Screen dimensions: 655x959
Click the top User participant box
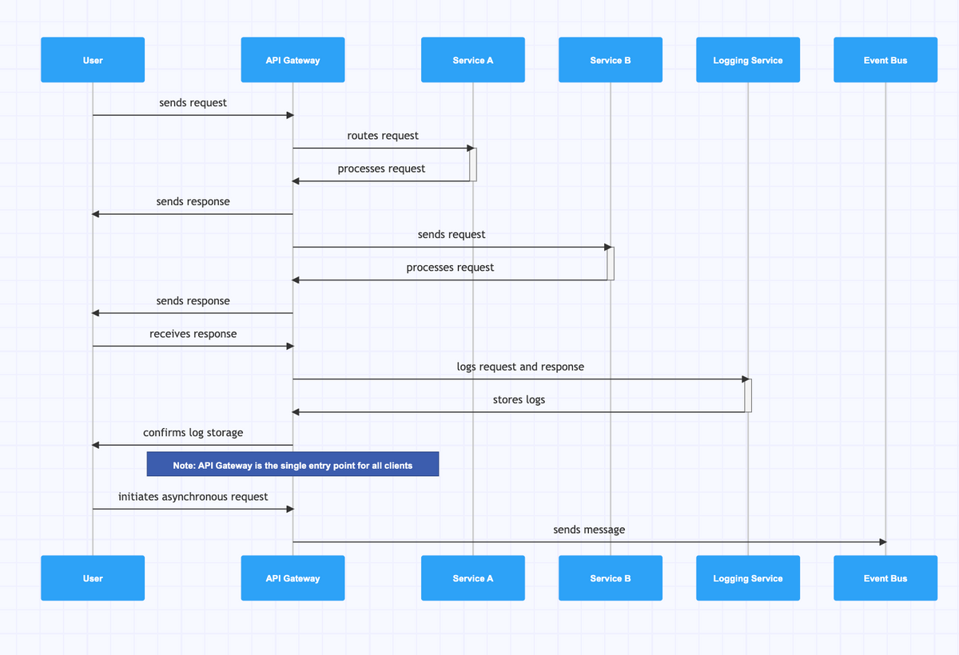click(x=93, y=60)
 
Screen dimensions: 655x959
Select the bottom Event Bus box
click(x=885, y=578)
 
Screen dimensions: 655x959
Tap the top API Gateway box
click(x=292, y=60)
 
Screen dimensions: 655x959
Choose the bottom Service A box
click(x=472, y=578)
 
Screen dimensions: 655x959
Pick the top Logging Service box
click(x=747, y=60)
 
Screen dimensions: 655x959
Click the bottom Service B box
click(x=610, y=578)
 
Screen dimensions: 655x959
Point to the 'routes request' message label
click(x=383, y=136)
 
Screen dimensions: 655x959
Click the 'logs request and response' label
click(x=520, y=367)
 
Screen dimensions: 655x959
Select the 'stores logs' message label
click(x=519, y=399)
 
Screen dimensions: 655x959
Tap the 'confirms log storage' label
click(x=193, y=432)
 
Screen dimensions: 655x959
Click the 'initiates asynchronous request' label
click(x=193, y=496)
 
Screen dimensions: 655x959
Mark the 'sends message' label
click(x=589, y=530)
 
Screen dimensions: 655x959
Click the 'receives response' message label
click(x=193, y=333)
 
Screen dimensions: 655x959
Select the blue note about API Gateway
click(x=292, y=464)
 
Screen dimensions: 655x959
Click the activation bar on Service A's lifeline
click(x=473, y=164)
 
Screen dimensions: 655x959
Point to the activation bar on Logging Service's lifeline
click(x=748, y=395)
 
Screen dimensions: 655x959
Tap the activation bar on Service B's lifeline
click(x=611, y=263)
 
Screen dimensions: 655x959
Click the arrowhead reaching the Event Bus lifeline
click(x=882, y=542)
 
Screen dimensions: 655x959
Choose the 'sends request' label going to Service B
click(x=452, y=234)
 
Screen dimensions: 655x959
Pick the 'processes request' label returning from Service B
click(x=450, y=268)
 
